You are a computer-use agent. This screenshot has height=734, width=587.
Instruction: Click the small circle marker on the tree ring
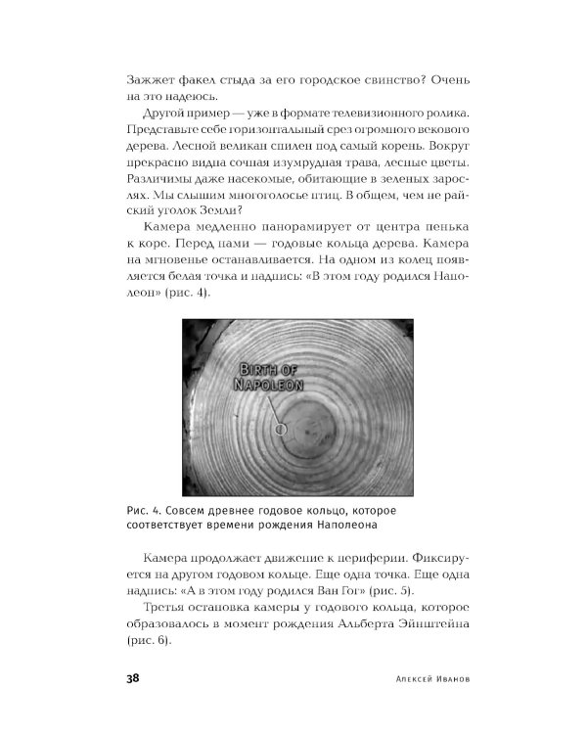281,428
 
